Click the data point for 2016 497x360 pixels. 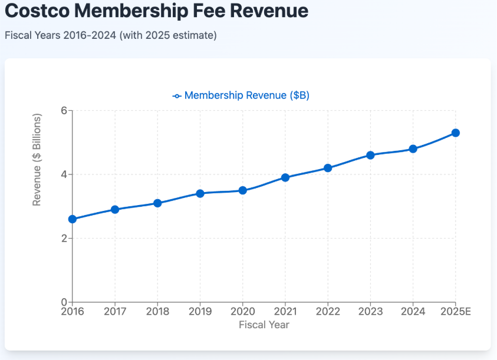pyautogui.click(x=73, y=219)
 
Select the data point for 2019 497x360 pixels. pyautogui.click(x=200, y=193)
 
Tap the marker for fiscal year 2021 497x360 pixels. pyautogui.click(x=285, y=177)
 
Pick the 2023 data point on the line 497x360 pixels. pyautogui.click(x=370, y=155)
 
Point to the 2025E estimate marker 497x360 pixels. pyautogui.click(x=455, y=133)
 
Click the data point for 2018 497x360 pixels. pyautogui.click(x=157, y=203)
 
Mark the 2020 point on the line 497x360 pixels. pyautogui.click(x=242, y=190)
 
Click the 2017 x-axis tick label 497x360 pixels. pyautogui.click(x=115, y=312)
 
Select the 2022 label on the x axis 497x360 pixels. pyautogui.click(x=328, y=312)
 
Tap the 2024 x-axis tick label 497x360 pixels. pyautogui.click(x=413, y=312)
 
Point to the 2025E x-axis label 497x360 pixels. pyautogui.click(x=455, y=312)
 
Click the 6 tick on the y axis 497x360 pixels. pyautogui.click(x=64, y=111)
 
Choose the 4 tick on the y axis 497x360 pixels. pyautogui.click(x=64, y=174)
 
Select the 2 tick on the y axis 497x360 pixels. pyautogui.click(x=64, y=239)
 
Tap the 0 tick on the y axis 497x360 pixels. pyautogui.click(x=64, y=302)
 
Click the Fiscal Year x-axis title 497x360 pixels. pyautogui.click(x=264, y=325)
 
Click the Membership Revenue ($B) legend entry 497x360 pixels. pyautogui.click(x=242, y=95)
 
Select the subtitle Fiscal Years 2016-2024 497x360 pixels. pyautogui.click(x=110, y=35)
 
